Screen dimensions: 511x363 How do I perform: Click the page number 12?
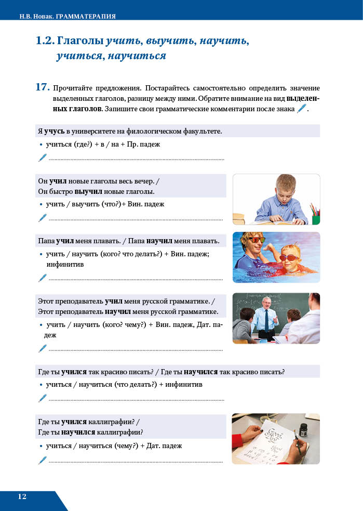(22, 496)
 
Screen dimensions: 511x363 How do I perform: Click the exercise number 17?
(43, 87)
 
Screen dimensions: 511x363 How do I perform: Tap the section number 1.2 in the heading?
(45, 41)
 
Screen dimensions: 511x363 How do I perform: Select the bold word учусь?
(55, 131)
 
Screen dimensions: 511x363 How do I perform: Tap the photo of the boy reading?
(276, 199)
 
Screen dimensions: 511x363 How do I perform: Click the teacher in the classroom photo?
(265, 317)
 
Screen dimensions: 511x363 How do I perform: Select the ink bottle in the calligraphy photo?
(304, 430)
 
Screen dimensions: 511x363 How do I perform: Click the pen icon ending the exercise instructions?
(301, 109)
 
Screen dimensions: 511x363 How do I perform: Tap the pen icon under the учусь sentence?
(43, 158)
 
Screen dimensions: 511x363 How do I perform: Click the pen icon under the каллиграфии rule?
(43, 460)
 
